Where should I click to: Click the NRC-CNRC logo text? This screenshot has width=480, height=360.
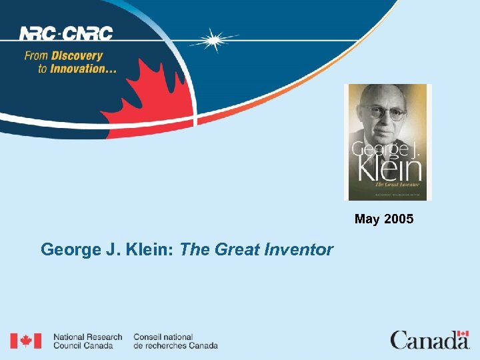click(65, 33)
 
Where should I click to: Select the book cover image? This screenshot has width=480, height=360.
click(387, 142)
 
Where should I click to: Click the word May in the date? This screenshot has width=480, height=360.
click(367, 219)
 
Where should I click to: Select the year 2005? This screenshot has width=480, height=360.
click(398, 219)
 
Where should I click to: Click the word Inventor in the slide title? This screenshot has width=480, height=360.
click(299, 250)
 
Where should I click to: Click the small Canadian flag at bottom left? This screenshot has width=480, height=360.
click(25, 341)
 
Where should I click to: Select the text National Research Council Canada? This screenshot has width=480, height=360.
click(87, 341)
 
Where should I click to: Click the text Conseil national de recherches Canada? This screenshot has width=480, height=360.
click(175, 341)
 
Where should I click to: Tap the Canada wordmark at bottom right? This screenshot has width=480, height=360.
click(429, 341)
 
